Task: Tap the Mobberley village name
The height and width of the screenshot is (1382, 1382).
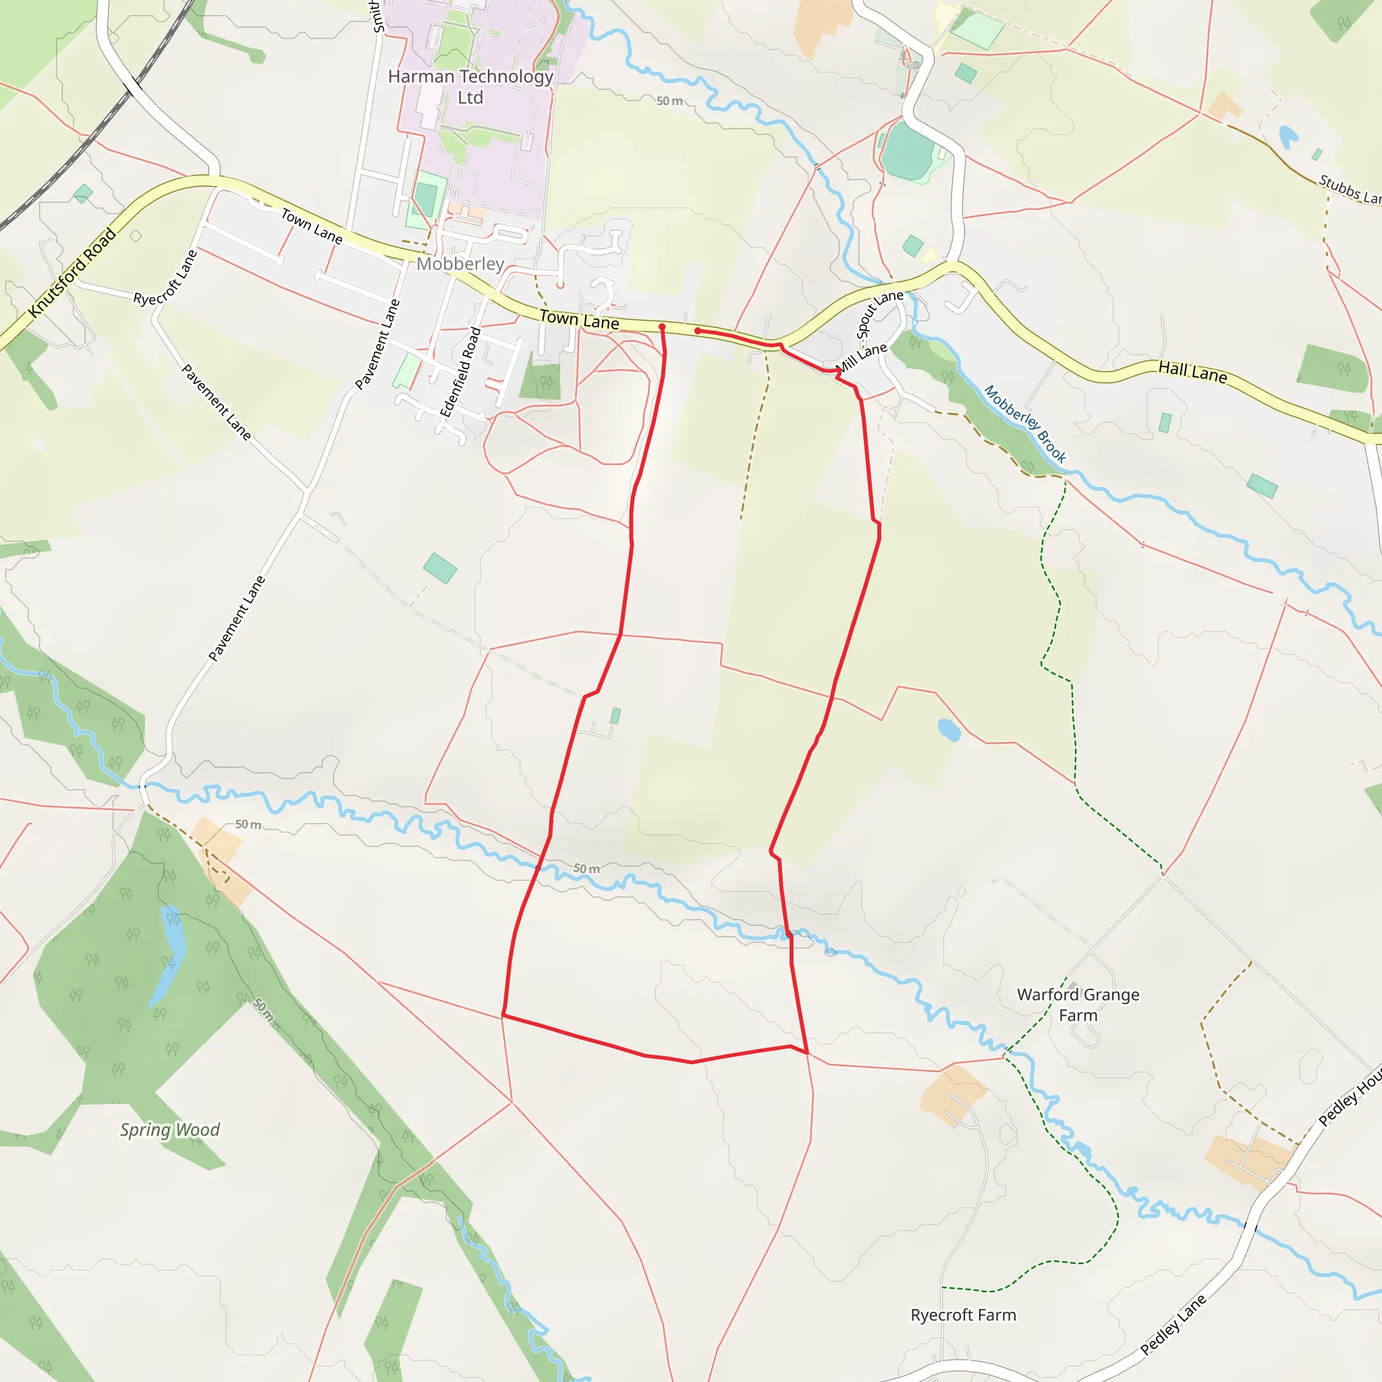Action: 460,264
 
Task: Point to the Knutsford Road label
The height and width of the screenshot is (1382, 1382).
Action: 72,273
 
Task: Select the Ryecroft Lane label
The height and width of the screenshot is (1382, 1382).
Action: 165,277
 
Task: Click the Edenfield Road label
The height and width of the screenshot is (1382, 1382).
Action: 460,372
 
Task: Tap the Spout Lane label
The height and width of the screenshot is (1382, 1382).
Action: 879,314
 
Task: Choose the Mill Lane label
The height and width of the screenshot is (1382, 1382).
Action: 862,358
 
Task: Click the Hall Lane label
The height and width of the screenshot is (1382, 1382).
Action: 1192,371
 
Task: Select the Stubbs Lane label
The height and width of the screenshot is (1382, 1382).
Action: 1349,190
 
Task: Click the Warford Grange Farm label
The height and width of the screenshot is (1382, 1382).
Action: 1078,1004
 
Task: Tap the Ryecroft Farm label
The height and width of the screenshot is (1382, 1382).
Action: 963,1315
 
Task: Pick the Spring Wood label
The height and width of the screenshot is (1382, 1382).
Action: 169,1130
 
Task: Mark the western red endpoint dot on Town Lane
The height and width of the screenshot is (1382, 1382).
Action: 662,327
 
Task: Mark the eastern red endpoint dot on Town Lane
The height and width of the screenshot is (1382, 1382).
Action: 698,331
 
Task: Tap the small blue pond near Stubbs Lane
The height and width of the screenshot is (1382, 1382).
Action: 1288,135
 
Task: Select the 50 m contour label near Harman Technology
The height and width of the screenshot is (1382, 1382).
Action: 669,101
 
